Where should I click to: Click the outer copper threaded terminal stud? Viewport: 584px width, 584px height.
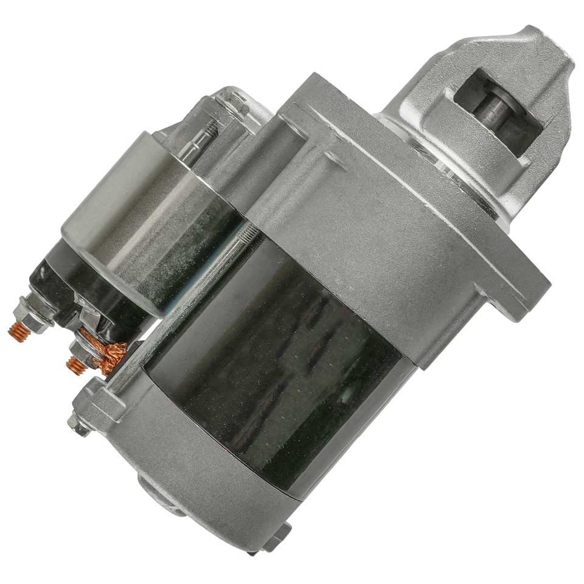click(18, 332)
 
